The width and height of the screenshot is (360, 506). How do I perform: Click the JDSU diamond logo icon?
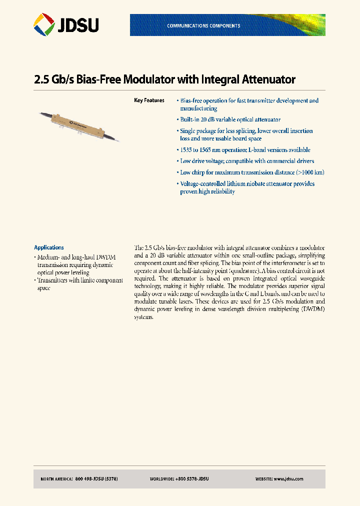point(44,24)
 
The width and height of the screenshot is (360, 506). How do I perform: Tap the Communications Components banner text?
point(203,25)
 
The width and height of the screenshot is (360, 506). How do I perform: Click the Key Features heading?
point(149,100)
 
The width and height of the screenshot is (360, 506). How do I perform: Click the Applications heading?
point(48,247)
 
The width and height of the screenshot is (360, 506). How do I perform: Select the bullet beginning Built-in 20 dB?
point(230,119)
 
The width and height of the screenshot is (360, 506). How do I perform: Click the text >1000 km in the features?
point(310,172)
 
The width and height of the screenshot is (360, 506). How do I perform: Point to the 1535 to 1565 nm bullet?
point(245,149)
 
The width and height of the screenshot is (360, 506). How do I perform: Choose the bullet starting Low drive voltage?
point(247,161)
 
